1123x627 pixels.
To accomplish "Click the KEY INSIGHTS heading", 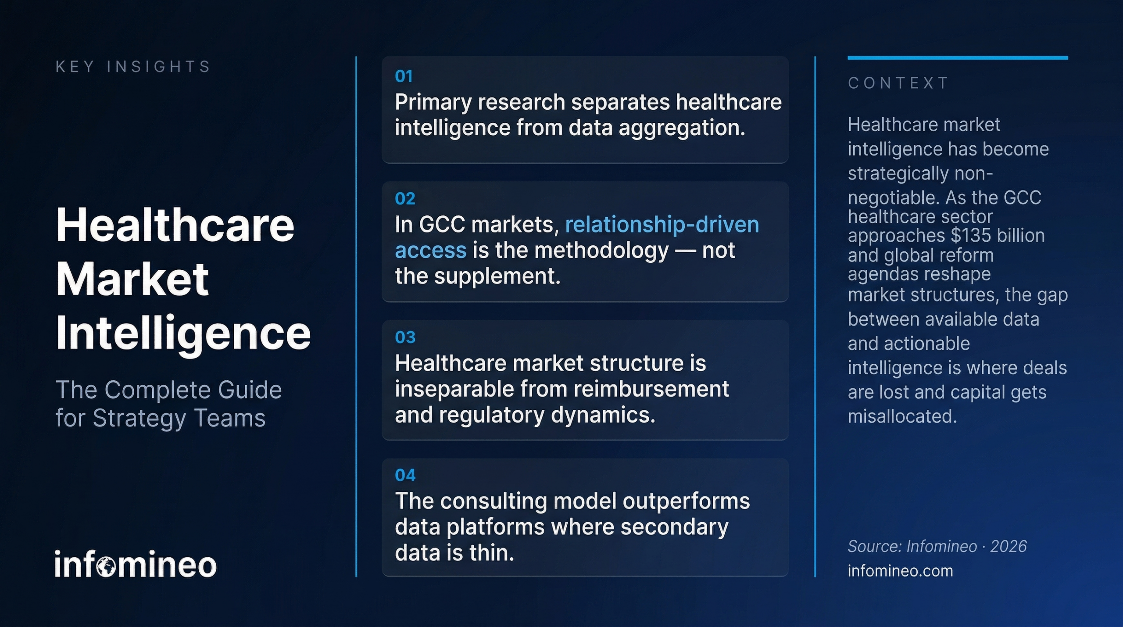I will (x=133, y=67).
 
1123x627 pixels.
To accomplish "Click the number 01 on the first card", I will (x=404, y=77).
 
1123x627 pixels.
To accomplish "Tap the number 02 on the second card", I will (x=404, y=199).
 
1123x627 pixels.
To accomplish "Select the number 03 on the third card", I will (x=404, y=337).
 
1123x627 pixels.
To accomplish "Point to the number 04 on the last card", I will (x=404, y=475).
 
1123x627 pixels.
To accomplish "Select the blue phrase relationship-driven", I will (x=662, y=225).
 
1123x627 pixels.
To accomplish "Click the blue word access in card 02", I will (x=430, y=251).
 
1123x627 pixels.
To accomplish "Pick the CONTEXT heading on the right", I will (x=898, y=83).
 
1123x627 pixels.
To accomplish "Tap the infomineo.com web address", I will (x=900, y=571).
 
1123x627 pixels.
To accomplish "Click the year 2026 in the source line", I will (x=1008, y=546).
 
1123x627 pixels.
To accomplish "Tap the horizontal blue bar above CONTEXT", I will (x=957, y=58).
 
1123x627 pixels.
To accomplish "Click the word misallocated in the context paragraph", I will (x=901, y=416).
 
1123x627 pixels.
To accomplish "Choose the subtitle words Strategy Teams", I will (x=179, y=418).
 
